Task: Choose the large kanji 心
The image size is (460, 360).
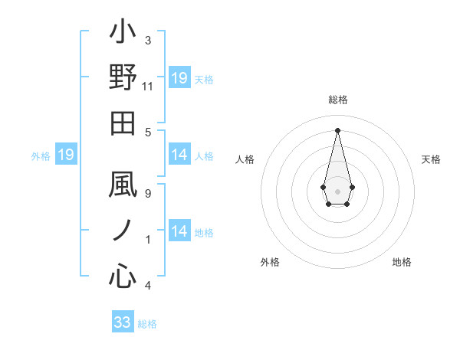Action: pos(123,276)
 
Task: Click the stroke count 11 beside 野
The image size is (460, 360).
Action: pos(148,87)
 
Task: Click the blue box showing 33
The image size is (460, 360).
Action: pos(122,322)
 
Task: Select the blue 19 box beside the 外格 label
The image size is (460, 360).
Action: pos(65,155)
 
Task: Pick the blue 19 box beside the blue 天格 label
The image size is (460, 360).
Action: pos(179,78)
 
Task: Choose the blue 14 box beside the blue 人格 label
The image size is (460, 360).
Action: pos(179,155)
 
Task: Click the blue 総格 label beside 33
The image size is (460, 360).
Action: pos(148,324)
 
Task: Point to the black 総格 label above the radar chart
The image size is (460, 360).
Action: pos(337,100)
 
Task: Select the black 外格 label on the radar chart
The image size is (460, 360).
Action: pos(270,262)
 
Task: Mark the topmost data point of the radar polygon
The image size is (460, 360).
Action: pos(337,129)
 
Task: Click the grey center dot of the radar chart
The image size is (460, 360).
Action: pos(337,190)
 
